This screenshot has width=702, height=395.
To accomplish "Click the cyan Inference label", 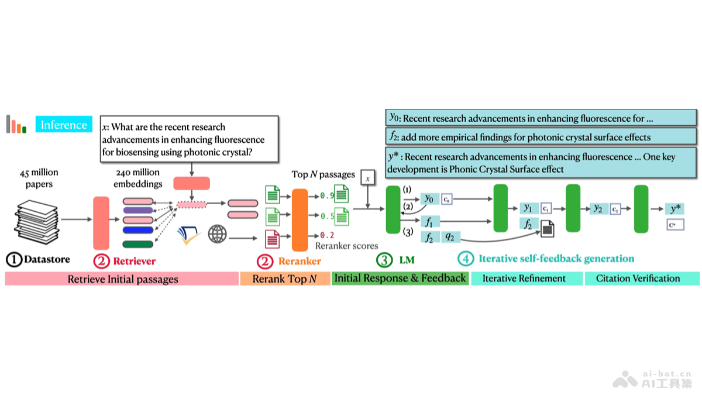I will pyautogui.click(x=64, y=125).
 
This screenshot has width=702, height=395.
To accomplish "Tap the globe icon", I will pyautogui.click(x=218, y=235).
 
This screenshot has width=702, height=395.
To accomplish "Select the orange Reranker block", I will pyautogui.click(x=300, y=219).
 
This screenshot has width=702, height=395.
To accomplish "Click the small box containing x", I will pyautogui.click(x=367, y=177).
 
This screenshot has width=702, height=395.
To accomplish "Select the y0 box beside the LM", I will pyautogui.click(x=429, y=199).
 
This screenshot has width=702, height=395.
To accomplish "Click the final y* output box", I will pyautogui.click(x=673, y=208).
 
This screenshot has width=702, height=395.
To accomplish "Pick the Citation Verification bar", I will pyautogui.click(x=642, y=279).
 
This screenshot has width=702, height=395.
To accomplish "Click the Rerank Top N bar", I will pyautogui.click(x=285, y=279).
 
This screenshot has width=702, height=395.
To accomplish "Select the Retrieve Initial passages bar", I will pyautogui.click(x=122, y=279).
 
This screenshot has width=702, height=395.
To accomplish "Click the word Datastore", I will pyautogui.click(x=47, y=259).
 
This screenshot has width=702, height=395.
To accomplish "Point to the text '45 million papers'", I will pyautogui.click(x=39, y=178).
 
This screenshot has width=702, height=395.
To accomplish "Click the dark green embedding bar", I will pyautogui.click(x=138, y=243).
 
